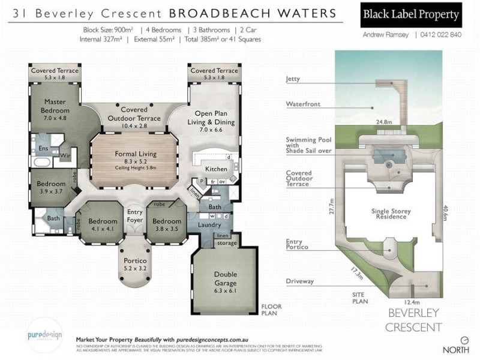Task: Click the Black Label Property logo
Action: coord(412,15)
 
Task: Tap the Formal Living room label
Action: coord(136,154)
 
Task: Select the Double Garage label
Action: coord(225,278)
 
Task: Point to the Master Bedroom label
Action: coord(55,106)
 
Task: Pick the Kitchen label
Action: coord(217,169)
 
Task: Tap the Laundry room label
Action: coord(210,224)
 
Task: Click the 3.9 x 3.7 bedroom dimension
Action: coord(50,190)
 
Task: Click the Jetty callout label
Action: coord(293,79)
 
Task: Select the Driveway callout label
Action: coord(299,281)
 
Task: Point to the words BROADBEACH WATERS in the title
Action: coord(255,13)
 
